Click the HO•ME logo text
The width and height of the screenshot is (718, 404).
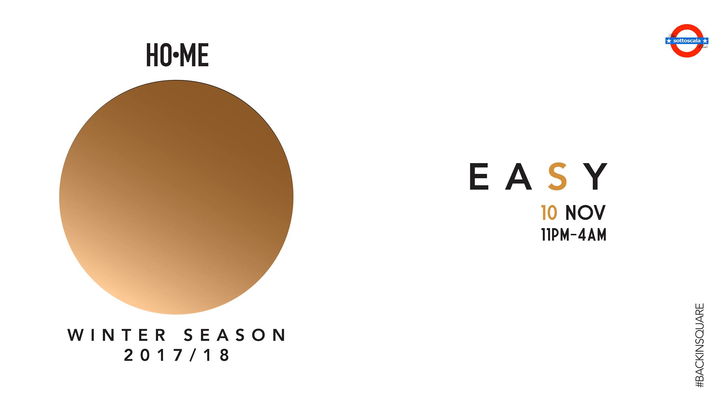(177, 55)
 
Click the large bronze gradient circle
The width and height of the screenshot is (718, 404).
(176, 197)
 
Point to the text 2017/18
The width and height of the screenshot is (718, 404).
(177, 356)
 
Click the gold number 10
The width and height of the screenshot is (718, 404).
(549, 213)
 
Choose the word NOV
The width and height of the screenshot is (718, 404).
(585, 213)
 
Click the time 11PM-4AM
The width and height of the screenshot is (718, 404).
(574, 235)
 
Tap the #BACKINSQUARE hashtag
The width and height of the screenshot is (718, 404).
(699, 345)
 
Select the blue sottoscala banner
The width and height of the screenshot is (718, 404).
(687, 41)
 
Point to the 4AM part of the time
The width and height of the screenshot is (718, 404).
(592, 235)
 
